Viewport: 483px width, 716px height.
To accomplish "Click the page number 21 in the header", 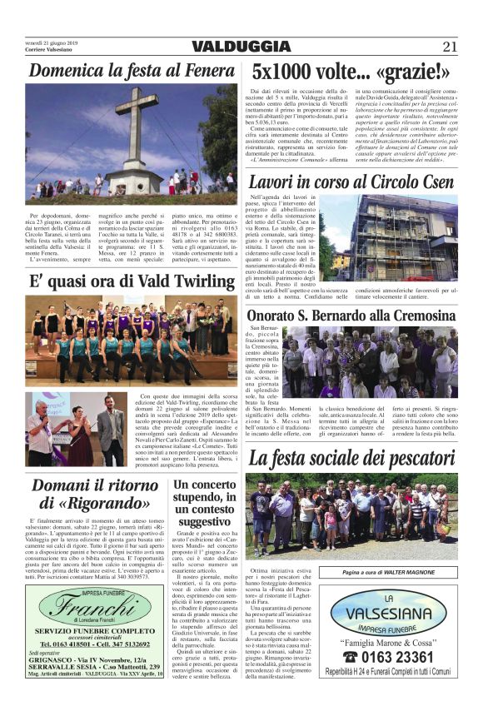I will coord(450,47).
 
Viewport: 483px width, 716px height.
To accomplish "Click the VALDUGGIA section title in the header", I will coord(241,47).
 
